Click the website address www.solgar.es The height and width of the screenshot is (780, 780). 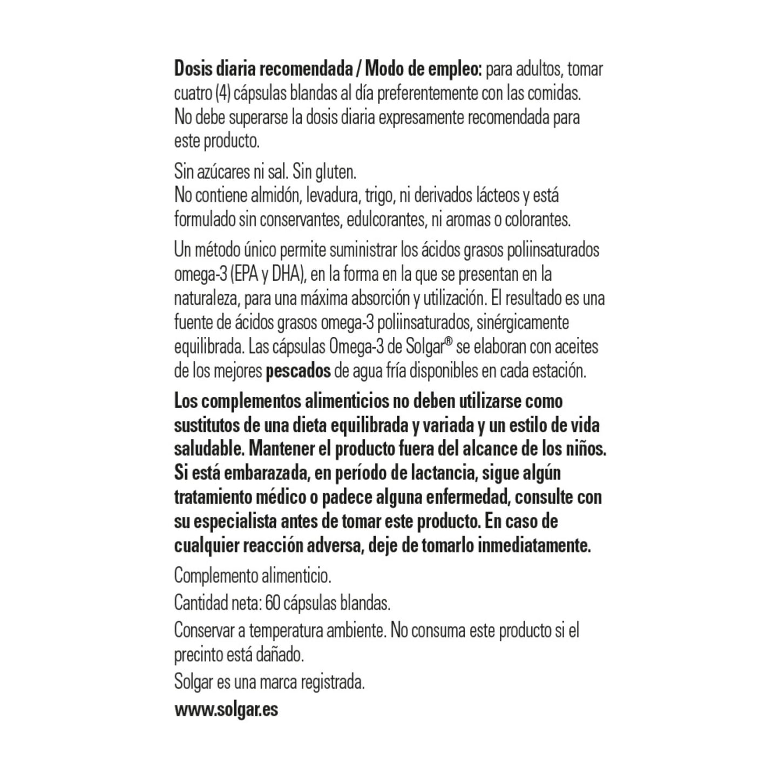point(226,709)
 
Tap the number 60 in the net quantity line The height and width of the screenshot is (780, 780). point(273,603)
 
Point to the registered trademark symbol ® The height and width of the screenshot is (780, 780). point(447,343)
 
